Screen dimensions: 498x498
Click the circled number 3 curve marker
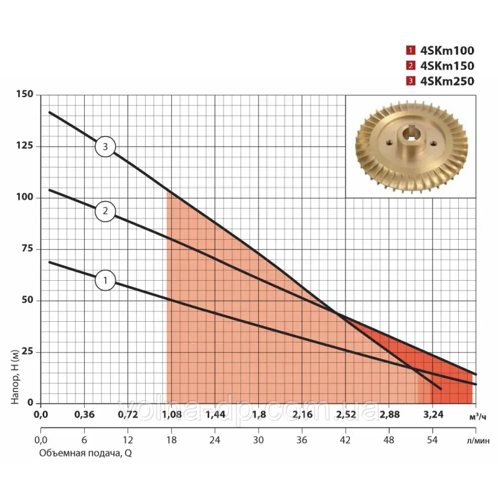tap(106, 147)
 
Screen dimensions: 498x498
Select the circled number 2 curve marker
tap(106, 211)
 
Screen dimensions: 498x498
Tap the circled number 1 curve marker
tap(106, 280)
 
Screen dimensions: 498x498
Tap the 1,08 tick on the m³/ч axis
tap(171, 415)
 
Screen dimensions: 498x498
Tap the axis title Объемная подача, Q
tap(85, 453)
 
